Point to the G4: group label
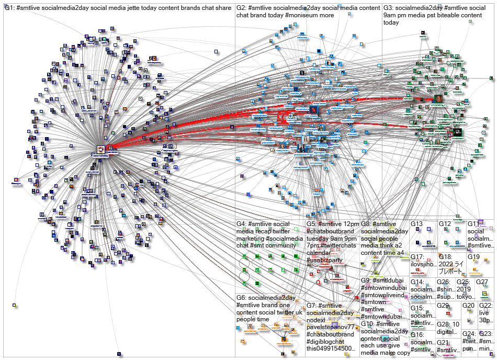(x=242, y=224)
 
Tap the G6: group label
(x=242, y=298)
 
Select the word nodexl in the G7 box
(x=317, y=320)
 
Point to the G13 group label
(x=416, y=224)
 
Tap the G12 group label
(x=444, y=224)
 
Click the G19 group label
(x=473, y=257)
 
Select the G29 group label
(x=443, y=306)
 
